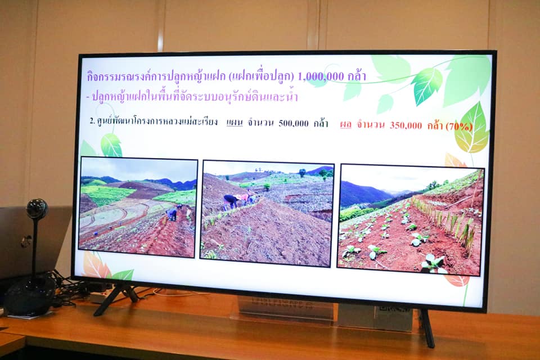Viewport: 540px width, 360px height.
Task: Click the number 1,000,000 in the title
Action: pyautogui.click(x=320, y=76)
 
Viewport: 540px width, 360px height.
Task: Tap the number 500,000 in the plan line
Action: pyautogui.click(x=294, y=123)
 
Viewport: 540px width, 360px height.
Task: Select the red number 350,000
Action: pyautogui.click(x=406, y=125)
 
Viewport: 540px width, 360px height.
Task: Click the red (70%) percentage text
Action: pyautogui.click(x=459, y=127)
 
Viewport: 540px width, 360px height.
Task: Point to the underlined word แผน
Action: pyautogui.click(x=235, y=122)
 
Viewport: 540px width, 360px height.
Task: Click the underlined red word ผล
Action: pyautogui.click(x=346, y=124)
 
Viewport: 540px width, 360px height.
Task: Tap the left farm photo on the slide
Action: pyautogui.click(x=138, y=206)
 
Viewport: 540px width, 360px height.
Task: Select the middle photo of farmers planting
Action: pyautogui.click(x=267, y=214)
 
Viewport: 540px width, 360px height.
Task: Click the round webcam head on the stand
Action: pyautogui.click(x=37, y=209)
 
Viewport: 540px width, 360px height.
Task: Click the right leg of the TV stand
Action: pyautogui.click(x=426, y=328)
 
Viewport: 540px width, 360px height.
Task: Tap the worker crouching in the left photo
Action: pyautogui.click(x=172, y=214)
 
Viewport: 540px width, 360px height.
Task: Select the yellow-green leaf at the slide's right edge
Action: pyautogui.click(x=471, y=129)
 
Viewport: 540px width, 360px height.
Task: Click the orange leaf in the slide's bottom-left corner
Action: pyautogui.click(x=92, y=264)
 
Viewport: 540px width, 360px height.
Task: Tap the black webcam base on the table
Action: pyautogui.click(x=30, y=295)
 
